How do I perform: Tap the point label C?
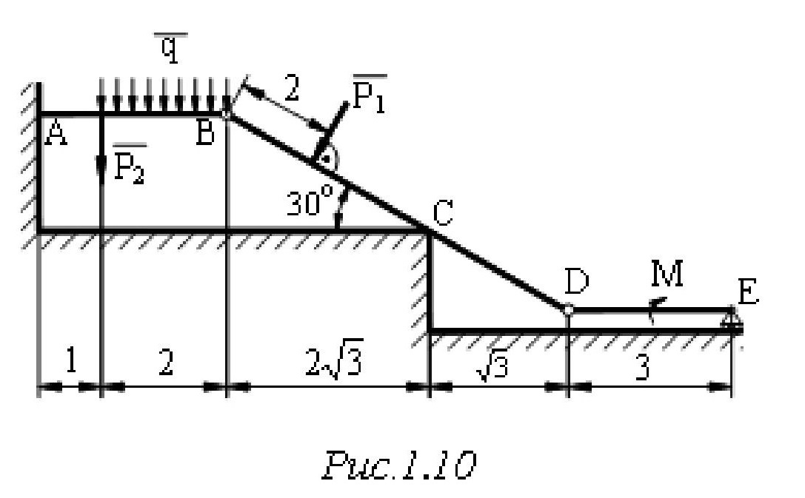[442, 214]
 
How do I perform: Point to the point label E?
[748, 294]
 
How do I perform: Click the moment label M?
[667, 276]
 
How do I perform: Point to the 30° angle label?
[309, 201]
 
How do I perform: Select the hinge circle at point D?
[567, 309]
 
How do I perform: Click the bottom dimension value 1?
[70, 363]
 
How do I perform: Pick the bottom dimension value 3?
[643, 367]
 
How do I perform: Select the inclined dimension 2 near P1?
[292, 91]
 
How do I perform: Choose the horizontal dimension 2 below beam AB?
[166, 363]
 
